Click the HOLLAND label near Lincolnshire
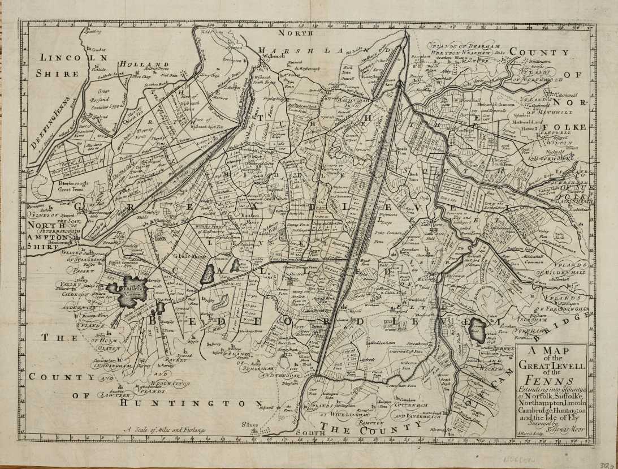click(144, 65)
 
